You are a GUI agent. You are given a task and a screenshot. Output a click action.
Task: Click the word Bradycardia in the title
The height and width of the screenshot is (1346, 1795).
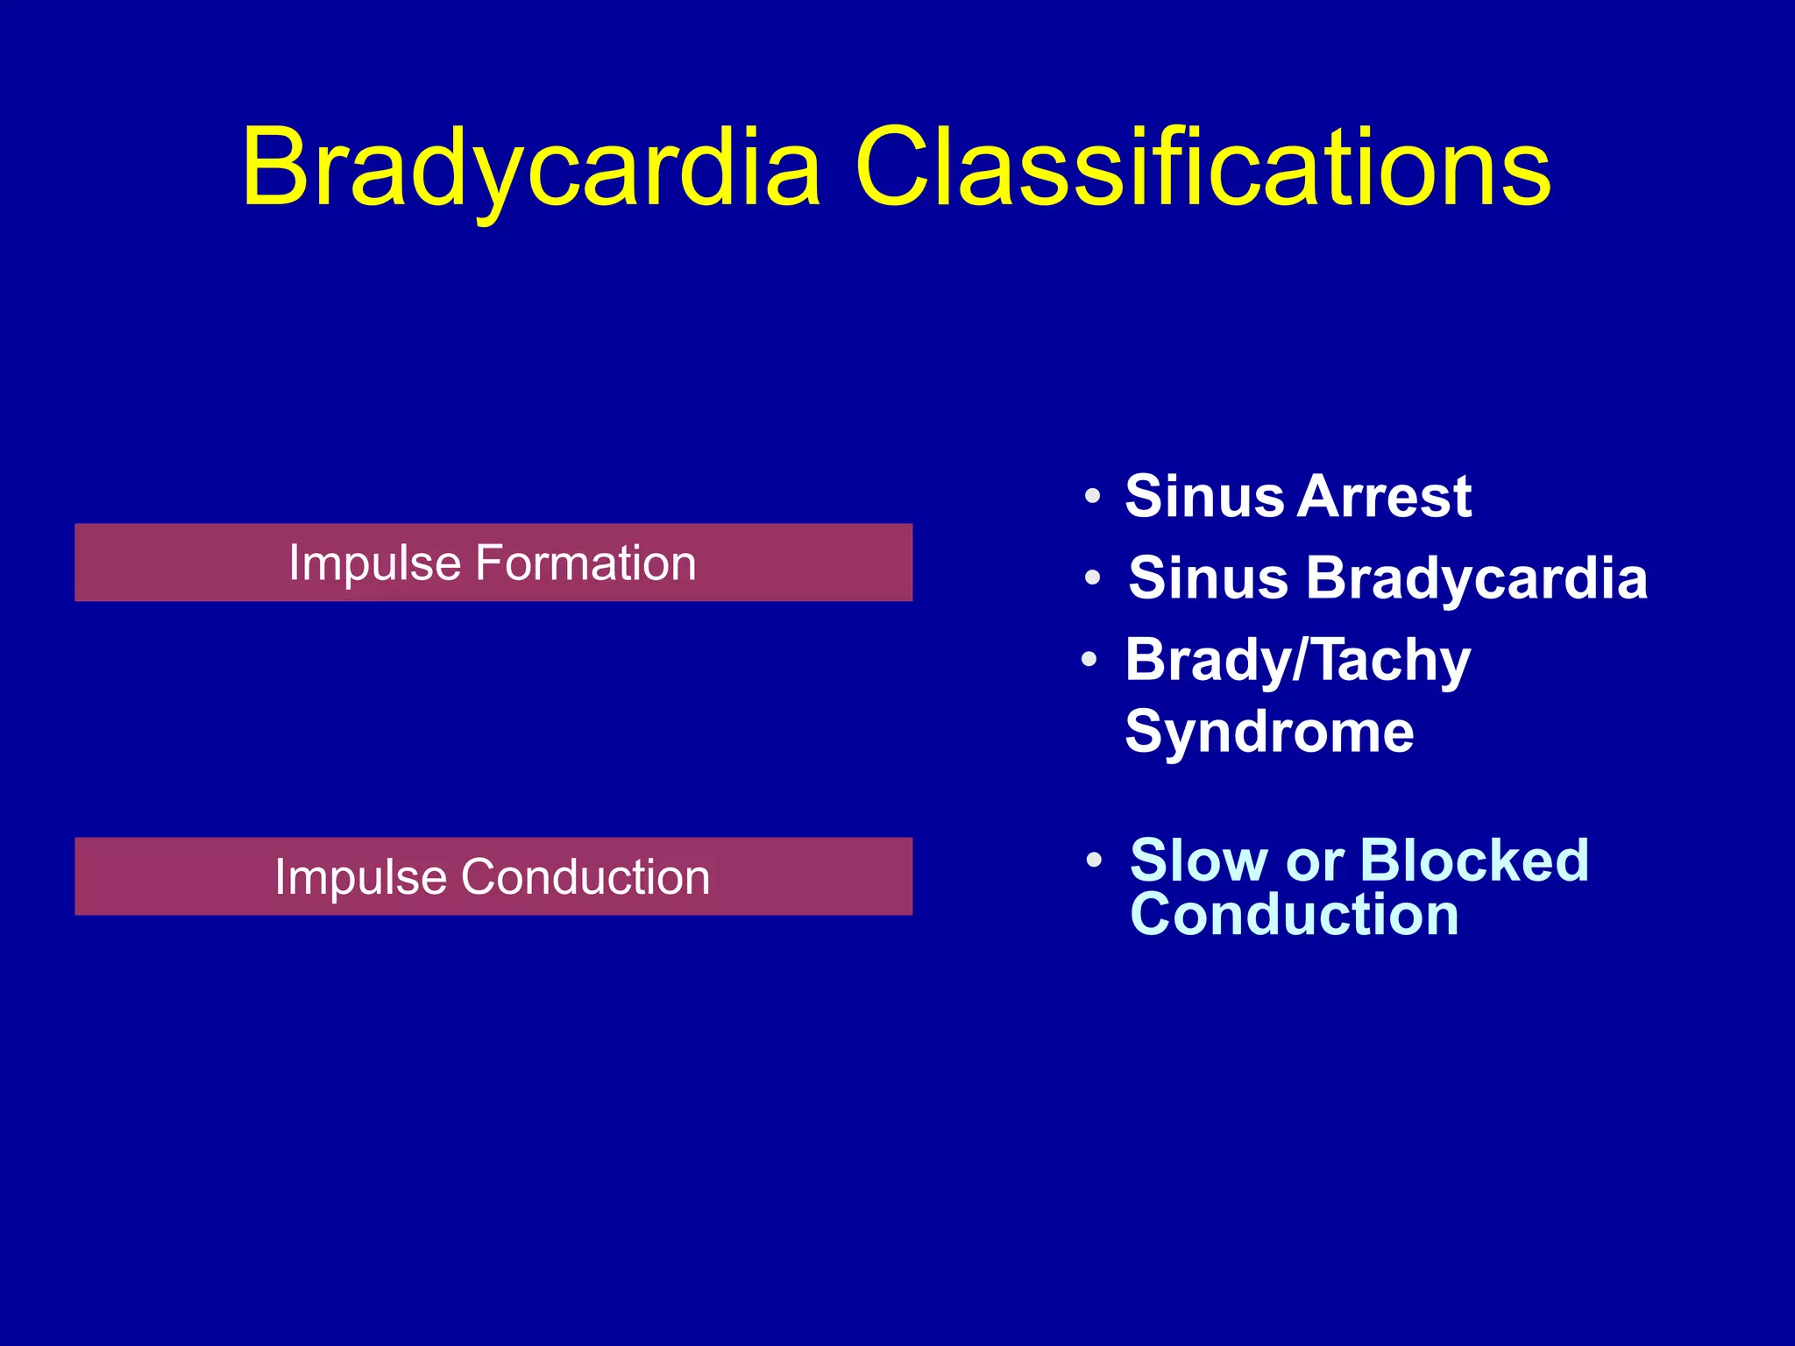532,168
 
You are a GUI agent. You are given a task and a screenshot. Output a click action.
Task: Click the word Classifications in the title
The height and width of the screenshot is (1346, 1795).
1202,168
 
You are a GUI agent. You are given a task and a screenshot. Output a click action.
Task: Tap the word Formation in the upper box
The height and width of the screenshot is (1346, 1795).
585,563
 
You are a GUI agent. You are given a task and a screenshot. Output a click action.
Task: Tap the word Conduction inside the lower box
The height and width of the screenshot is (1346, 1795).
585,876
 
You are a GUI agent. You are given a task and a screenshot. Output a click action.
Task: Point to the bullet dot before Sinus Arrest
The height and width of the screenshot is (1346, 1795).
1092,497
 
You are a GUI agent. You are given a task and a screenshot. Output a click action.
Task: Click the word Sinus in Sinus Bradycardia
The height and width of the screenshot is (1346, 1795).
1208,578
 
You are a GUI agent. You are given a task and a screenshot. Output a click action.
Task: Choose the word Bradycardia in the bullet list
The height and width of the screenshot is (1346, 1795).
1477,578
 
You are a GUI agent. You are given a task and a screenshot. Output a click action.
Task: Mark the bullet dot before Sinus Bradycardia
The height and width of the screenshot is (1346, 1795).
1092,578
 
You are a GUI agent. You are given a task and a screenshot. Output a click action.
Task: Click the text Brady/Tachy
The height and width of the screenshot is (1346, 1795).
1297,660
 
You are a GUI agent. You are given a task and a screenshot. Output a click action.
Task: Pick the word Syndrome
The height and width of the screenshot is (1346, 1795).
1269,732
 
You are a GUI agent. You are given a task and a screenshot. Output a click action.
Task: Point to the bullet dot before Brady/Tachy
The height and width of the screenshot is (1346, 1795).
1089,659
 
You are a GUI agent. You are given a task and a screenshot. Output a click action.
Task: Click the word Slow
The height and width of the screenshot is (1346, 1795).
1198,860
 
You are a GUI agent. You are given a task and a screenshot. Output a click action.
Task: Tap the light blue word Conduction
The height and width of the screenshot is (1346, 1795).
1295,914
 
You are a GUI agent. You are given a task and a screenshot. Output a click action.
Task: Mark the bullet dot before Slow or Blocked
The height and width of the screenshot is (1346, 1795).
1093,861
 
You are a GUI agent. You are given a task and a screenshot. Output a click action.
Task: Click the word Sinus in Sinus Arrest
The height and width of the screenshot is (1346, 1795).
1204,496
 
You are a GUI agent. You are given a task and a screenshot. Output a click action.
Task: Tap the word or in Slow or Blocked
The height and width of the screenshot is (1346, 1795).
1314,861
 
